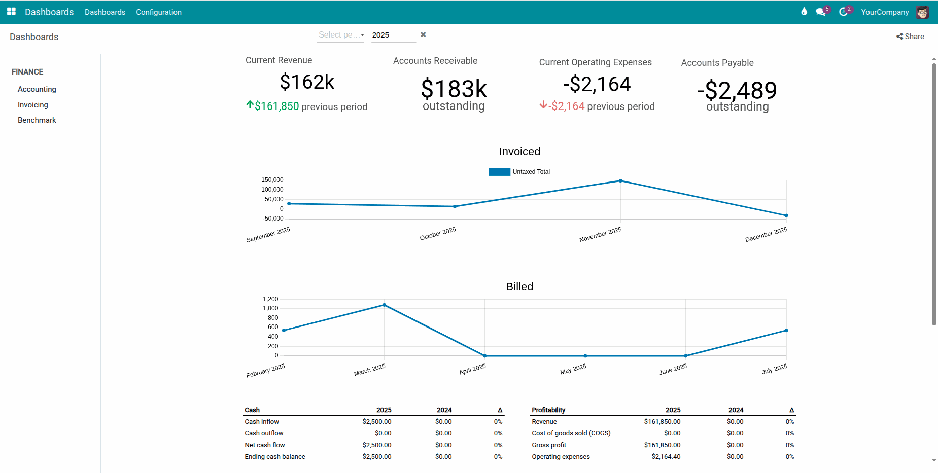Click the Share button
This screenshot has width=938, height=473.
click(910, 37)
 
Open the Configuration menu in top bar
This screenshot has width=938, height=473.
click(158, 12)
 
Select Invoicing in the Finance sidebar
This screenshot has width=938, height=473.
click(33, 105)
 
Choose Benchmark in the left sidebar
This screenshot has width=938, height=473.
click(37, 120)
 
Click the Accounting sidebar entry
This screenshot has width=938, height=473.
click(37, 89)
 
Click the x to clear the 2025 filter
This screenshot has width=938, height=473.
click(423, 34)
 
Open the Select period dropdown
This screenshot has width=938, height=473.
click(340, 35)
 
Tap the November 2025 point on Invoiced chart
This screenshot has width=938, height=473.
click(620, 181)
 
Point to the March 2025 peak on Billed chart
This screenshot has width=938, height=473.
click(384, 305)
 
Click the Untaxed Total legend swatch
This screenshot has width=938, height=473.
click(499, 172)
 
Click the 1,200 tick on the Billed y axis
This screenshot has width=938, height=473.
click(270, 299)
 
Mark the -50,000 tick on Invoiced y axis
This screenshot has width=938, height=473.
click(273, 219)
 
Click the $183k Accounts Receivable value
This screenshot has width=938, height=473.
click(454, 89)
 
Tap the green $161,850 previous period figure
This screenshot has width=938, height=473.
click(276, 106)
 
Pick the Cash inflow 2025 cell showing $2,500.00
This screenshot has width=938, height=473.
click(376, 422)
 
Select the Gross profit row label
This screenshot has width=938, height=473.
click(549, 445)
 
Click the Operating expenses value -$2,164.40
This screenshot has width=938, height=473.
click(665, 457)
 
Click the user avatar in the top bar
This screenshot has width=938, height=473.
click(922, 12)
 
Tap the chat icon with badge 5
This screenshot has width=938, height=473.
click(820, 12)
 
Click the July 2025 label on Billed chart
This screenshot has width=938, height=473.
click(775, 369)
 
